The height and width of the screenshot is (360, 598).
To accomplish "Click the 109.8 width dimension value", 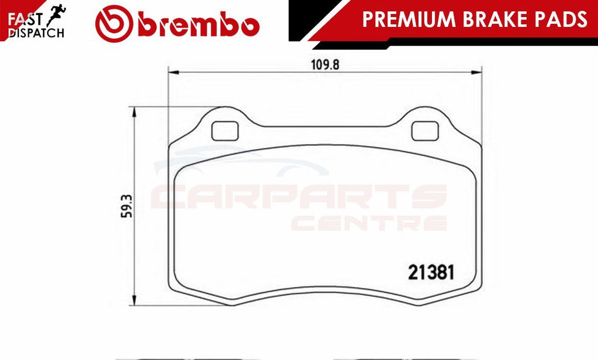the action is (x=325, y=65).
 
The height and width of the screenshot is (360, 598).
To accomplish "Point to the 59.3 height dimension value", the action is (x=127, y=206).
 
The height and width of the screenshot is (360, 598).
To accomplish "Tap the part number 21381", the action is (x=431, y=273).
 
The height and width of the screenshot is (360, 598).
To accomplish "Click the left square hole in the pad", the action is (x=225, y=131).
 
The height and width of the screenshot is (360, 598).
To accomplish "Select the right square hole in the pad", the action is (x=425, y=131).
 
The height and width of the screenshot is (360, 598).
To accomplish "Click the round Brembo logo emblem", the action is (x=114, y=24).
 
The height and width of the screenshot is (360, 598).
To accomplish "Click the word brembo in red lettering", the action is (x=199, y=25).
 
